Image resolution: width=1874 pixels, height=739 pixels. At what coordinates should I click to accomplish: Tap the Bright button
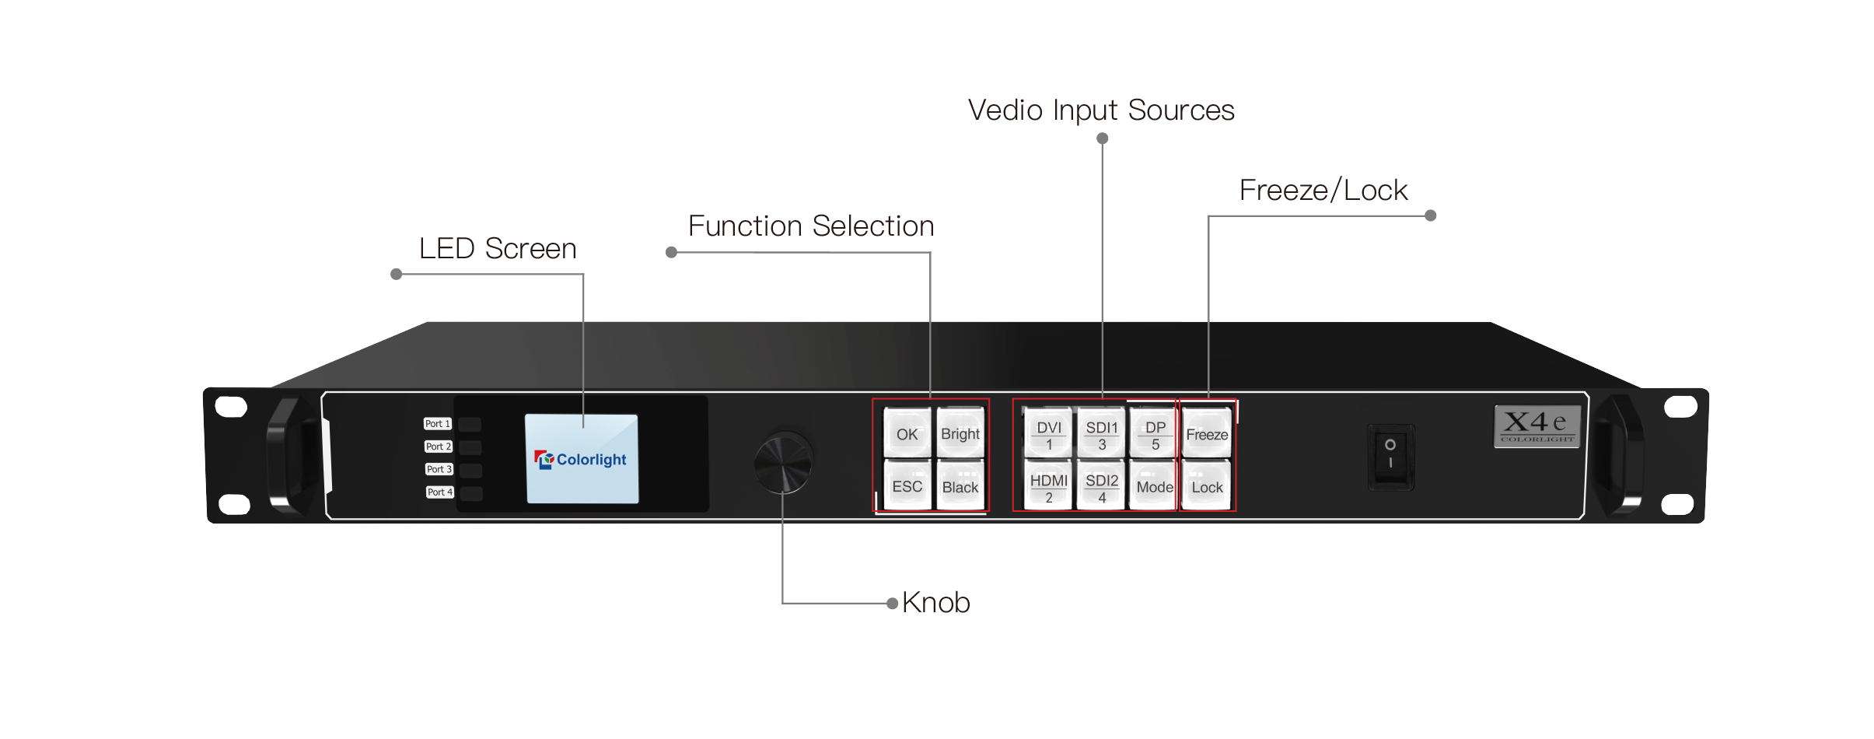tap(960, 434)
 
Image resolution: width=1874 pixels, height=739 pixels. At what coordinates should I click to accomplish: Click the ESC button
tap(907, 487)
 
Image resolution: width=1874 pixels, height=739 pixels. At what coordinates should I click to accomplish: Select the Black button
tap(960, 487)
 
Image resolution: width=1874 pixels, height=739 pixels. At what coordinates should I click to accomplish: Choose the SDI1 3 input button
tap(1102, 435)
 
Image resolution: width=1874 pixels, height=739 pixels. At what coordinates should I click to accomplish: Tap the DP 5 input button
tap(1156, 435)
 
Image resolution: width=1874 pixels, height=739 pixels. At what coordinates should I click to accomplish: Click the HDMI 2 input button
tap(1049, 488)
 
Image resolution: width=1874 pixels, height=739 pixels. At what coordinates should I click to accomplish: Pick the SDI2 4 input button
tap(1102, 488)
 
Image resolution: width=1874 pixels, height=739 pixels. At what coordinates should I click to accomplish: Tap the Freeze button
tap(1207, 434)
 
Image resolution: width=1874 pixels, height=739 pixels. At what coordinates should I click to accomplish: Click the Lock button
tap(1207, 487)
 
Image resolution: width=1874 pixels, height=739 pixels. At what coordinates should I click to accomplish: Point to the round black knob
tap(783, 463)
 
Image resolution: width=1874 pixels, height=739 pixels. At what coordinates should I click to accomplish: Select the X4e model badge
tap(1537, 426)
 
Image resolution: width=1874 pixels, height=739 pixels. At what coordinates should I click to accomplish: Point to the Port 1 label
tap(438, 424)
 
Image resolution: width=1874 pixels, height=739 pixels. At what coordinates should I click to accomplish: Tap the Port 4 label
tap(439, 492)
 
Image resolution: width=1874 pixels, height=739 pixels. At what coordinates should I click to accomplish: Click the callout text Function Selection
tap(811, 226)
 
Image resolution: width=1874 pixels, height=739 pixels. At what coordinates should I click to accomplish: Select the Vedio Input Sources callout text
tap(1101, 110)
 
